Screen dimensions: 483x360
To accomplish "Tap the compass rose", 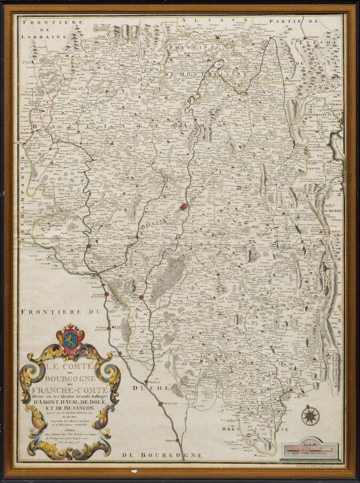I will (310, 415).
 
